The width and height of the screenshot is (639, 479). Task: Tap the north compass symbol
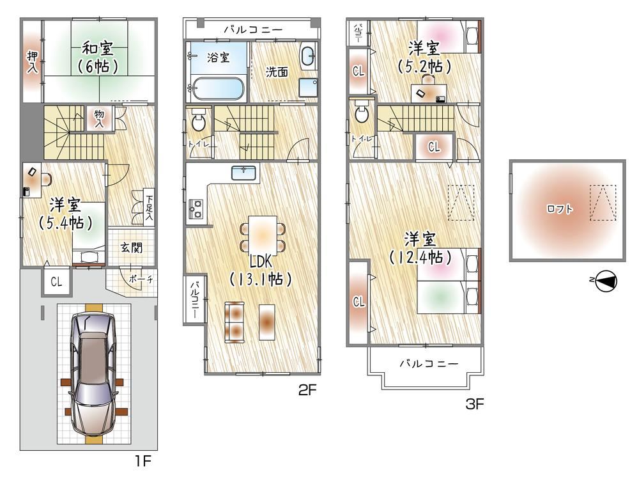point(606,281)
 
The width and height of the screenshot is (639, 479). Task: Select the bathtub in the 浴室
point(218,88)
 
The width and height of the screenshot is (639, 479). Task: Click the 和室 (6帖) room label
point(98,57)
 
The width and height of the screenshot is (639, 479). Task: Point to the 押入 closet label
point(33,61)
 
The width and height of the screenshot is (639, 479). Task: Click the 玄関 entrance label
point(131,247)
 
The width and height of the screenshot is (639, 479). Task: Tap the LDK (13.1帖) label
point(261,270)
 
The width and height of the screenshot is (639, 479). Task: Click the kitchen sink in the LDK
point(243,173)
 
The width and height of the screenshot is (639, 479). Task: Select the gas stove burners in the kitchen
point(195,209)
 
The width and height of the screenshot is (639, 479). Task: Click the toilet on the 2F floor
point(199,119)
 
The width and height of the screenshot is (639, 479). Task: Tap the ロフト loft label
point(560,209)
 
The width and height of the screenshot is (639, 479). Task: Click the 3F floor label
point(474,404)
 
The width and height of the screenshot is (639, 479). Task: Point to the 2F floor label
point(307,390)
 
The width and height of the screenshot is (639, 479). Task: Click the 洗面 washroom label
point(277,72)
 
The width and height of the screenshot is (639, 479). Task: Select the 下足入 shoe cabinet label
point(150,208)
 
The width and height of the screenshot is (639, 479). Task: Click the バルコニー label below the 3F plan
point(429,363)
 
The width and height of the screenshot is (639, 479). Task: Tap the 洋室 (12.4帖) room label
point(420,248)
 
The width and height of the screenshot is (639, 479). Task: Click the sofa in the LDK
point(235,322)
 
